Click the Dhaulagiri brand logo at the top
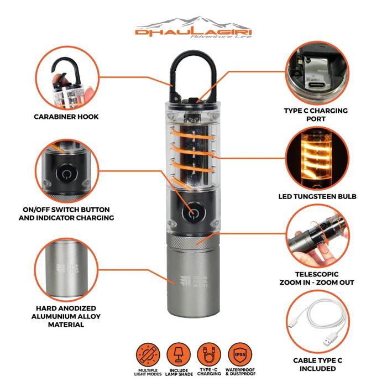tap(193, 28)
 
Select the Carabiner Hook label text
tap(66, 117)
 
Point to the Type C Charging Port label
tap(316, 114)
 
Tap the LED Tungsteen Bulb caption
tap(317, 196)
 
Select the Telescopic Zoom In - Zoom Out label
tap(317, 278)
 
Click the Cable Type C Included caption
tap(318, 364)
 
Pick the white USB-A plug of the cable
tap(330, 339)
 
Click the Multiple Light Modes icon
tap(148, 355)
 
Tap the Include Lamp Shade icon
tap(179, 355)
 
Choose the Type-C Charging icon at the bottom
tap(209, 355)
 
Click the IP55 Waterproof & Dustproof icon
tap(240, 355)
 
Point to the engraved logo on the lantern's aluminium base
tap(193, 281)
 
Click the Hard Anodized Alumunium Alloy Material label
tap(66, 316)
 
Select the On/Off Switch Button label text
tap(66, 210)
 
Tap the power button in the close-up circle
tap(66, 174)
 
